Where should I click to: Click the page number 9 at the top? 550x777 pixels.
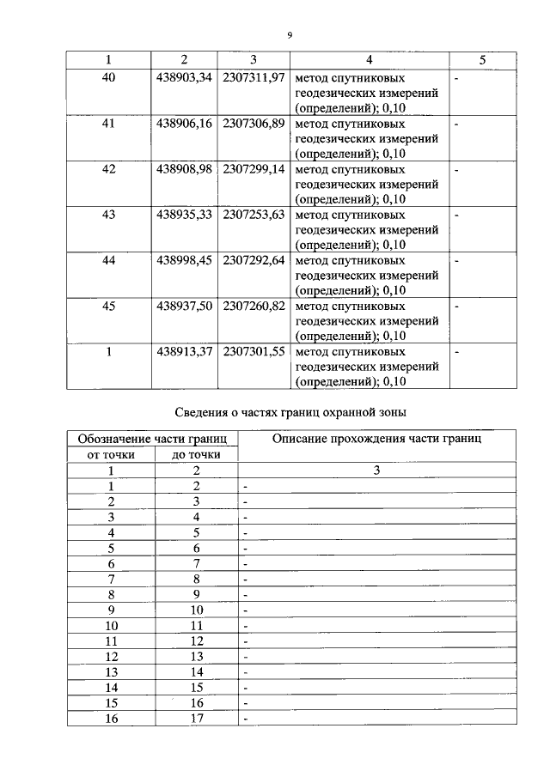point(290,33)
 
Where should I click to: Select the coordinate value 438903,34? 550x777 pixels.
point(184,77)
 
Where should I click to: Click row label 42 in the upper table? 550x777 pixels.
point(108,169)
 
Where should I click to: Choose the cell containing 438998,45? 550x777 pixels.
point(184,260)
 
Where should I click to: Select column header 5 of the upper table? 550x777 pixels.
point(482,59)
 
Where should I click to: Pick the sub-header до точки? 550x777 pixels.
point(195,454)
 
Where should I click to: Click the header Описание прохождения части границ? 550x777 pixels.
point(376,439)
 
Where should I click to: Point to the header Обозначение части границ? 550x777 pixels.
point(152,439)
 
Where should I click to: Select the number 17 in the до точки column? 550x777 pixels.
point(195,719)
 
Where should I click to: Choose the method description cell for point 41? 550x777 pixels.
point(367,138)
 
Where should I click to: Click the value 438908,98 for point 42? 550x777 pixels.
point(184,169)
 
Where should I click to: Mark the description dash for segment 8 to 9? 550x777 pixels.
point(246,595)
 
